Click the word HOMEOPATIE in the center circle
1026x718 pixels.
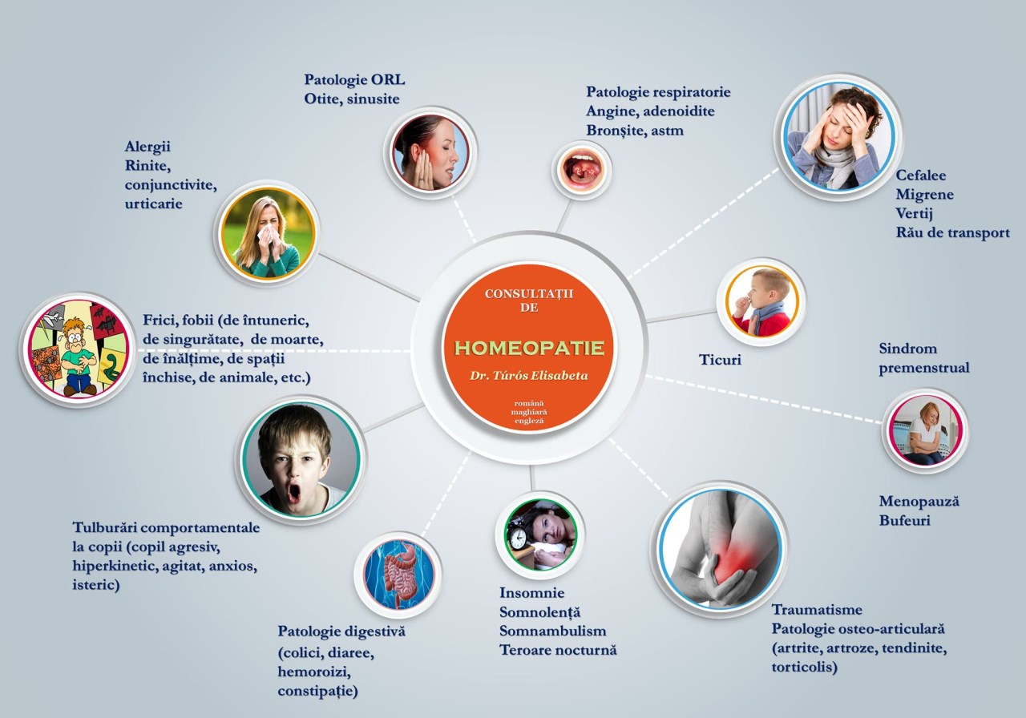(529, 348)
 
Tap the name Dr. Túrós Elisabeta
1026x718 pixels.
(529, 376)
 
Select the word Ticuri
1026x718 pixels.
(720, 360)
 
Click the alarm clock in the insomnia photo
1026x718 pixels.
(518, 539)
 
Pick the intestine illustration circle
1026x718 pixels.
(398, 575)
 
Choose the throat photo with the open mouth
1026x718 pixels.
(582, 170)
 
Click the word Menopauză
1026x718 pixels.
(919, 502)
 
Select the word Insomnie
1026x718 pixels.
(531, 593)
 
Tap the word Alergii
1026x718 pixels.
(147, 147)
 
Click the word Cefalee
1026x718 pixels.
(921, 175)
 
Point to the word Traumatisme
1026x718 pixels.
(817, 610)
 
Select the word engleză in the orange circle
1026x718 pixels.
(529, 421)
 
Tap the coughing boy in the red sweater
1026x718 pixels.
(761, 302)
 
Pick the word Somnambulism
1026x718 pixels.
(553, 631)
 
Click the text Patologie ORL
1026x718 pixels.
(354, 80)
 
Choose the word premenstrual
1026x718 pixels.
(924, 368)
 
